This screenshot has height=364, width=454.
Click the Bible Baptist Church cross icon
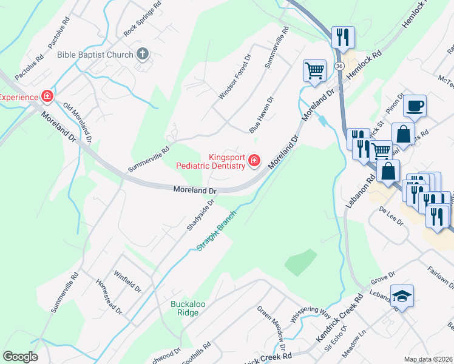(143, 55)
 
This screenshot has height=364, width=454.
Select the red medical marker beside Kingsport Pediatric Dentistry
(255, 161)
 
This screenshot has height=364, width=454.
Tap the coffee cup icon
(415, 106)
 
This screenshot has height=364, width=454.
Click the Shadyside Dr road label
(201, 214)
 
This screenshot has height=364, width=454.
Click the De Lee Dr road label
(391, 216)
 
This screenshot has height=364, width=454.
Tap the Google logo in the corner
(20, 357)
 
